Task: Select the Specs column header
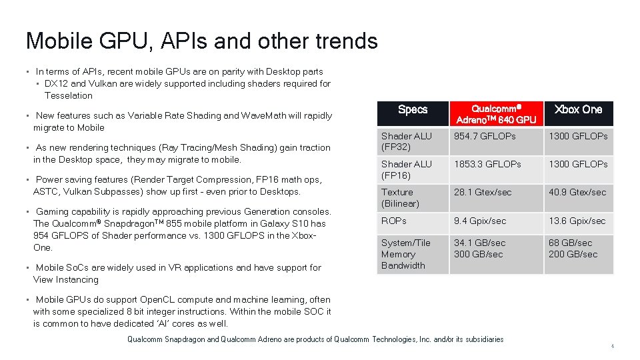point(413,109)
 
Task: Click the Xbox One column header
point(578,109)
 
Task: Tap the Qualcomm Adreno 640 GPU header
point(495,114)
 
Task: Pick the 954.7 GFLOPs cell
point(485,136)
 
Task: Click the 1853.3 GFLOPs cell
point(487,164)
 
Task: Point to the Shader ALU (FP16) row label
point(406,170)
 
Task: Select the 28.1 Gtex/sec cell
point(483,192)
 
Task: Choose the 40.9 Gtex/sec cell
point(577,192)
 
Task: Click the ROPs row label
point(394,221)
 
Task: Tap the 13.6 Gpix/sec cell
point(577,221)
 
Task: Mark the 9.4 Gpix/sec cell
point(480,221)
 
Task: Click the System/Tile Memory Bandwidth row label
point(406,254)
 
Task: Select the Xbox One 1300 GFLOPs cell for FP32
point(578,136)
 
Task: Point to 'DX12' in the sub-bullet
point(56,83)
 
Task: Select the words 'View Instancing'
point(65,279)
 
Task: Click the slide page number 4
point(613,346)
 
